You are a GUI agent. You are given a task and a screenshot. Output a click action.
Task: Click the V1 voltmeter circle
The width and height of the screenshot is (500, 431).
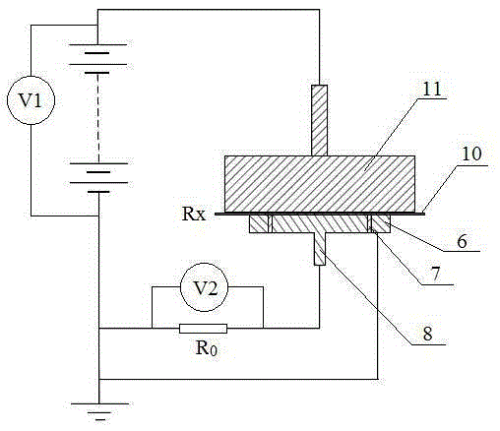click(31, 100)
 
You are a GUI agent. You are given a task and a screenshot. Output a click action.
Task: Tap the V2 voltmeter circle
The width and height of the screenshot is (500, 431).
click(205, 287)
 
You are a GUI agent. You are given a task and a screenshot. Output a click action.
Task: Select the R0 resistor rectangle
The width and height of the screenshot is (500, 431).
click(203, 329)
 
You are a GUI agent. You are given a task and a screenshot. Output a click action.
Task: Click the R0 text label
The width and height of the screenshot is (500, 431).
click(206, 348)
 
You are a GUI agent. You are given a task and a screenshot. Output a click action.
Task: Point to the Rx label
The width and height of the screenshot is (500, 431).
click(194, 214)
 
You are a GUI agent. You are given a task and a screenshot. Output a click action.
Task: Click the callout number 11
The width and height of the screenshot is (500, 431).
click(432, 89)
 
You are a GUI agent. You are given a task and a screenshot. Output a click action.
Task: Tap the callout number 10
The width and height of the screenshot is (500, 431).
click(471, 154)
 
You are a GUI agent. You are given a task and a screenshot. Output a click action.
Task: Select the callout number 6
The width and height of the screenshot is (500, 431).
click(462, 242)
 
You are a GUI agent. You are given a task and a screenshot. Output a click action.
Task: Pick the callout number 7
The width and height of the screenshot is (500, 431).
click(436, 275)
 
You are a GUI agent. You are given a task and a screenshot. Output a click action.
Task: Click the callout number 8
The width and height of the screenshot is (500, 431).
click(428, 334)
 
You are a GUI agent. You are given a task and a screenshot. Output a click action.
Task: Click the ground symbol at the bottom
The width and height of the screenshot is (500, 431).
click(100, 411)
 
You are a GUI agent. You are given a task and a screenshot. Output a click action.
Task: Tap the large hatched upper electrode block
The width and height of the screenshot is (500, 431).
click(320, 184)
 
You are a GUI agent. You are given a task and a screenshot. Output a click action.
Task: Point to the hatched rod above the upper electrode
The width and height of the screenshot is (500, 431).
click(319, 120)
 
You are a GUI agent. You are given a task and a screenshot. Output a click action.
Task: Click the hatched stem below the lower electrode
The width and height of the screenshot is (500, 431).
click(320, 249)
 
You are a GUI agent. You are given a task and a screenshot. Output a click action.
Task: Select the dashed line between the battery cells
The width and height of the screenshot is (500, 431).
click(97, 118)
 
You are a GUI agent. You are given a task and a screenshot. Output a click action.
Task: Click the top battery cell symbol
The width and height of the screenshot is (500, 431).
click(97, 59)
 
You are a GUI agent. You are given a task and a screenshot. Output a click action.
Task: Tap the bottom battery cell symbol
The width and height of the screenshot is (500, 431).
click(98, 177)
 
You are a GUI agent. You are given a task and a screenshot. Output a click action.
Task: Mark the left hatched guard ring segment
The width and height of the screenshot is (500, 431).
click(259, 224)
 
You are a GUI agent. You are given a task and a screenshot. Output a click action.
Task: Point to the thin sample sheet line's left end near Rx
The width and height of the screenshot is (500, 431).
click(216, 214)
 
